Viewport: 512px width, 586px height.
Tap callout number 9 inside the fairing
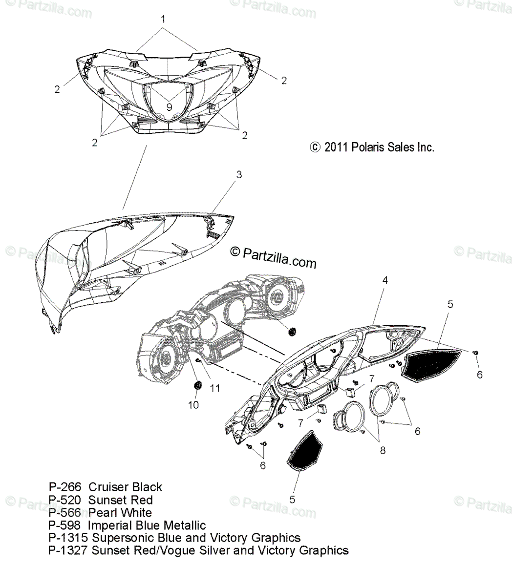[x=169, y=105]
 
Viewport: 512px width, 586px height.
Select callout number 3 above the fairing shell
[x=239, y=174]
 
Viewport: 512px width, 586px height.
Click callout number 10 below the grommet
[x=194, y=405]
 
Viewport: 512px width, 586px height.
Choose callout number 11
[x=214, y=389]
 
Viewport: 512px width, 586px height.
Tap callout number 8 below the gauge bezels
[x=383, y=450]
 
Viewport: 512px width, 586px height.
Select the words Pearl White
[x=120, y=513]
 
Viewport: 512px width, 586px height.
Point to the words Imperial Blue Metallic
[x=147, y=525]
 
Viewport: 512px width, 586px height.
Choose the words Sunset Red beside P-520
[x=120, y=500]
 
